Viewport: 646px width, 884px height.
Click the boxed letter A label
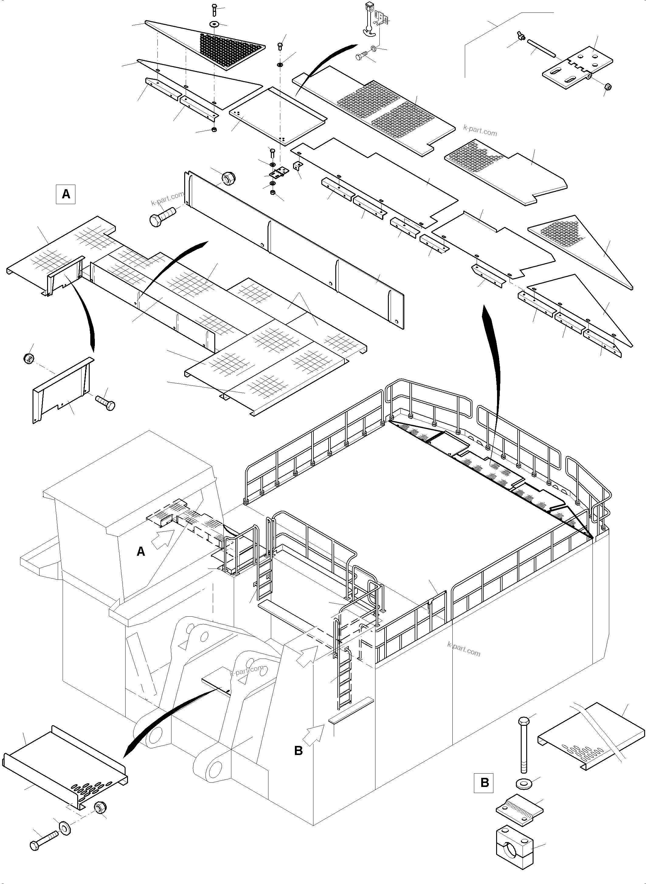[66, 194]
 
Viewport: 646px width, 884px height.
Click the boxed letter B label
[484, 783]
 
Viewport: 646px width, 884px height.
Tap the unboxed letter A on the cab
[141, 552]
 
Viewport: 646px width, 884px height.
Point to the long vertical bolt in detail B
[523, 743]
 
